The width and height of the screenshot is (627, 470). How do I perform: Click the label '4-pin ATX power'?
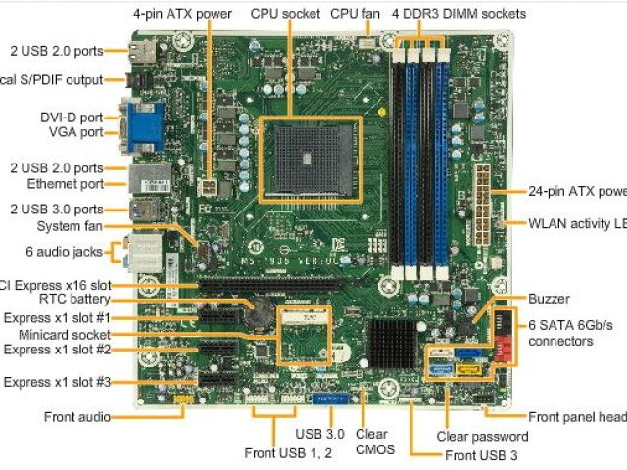click(184, 14)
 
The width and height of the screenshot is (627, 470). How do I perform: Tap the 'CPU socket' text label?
click(285, 14)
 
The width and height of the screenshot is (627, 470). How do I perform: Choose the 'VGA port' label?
click(77, 132)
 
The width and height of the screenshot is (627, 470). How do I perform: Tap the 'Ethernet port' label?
click(66, 184)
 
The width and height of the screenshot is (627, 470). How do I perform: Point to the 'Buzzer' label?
click(549, 299)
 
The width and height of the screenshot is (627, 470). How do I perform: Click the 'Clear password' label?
click(482, 437)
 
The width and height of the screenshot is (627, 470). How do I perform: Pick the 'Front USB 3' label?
click(481, 456)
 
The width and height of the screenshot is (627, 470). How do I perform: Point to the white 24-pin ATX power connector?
click(484, 194)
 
